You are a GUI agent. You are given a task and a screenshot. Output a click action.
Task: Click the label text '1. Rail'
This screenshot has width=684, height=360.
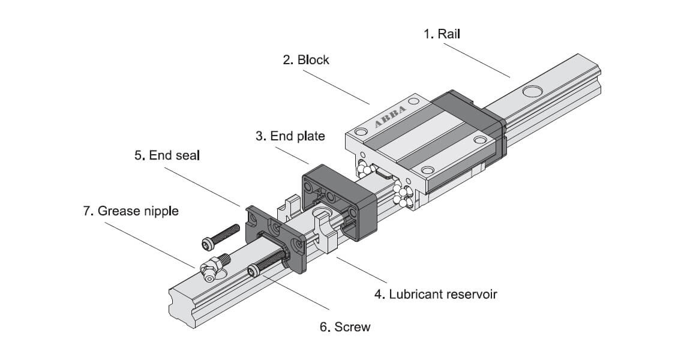click(x=442, y=34)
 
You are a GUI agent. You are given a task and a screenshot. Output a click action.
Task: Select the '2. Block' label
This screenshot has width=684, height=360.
click(x=305, y=60)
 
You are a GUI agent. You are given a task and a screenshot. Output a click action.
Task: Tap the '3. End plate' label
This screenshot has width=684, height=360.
click(x=290, y=136)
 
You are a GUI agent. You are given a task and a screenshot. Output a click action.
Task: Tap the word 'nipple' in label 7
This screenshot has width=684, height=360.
click(x=158, y=211)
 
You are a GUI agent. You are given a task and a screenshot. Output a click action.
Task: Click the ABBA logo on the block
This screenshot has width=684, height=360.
click(x=390, y=115)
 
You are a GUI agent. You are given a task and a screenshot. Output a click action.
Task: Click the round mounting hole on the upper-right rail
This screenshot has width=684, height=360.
click(x=531, y=92)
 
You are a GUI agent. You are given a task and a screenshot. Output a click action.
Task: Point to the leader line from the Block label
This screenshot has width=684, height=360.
click(x=336, y=87)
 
